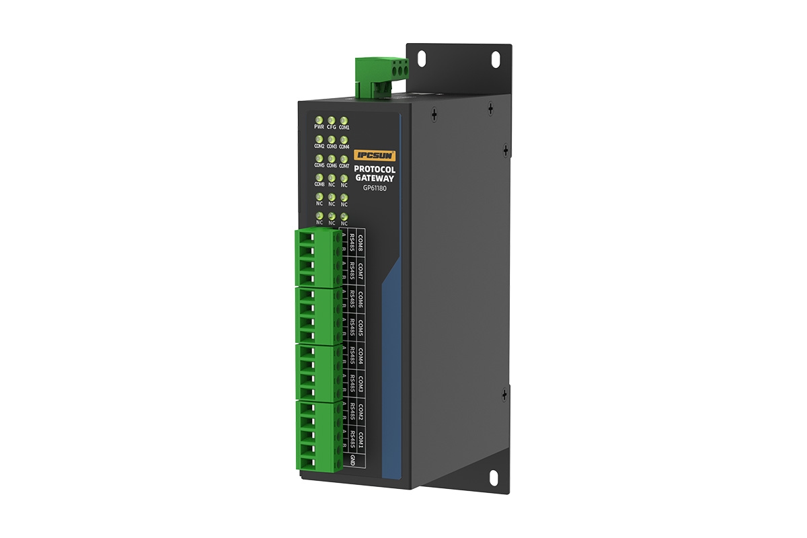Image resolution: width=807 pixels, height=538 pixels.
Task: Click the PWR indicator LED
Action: click(x=319, y=118)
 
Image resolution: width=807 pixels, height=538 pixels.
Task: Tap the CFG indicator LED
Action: click(x=332, y=118)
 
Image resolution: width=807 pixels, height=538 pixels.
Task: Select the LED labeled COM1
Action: click(x=344, y=118)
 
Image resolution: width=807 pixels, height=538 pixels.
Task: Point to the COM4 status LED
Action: click(x=344, y=139)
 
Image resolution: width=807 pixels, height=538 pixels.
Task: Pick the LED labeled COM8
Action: click(x=319, y=178)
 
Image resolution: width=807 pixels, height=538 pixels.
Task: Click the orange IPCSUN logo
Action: click(x=375, y=155)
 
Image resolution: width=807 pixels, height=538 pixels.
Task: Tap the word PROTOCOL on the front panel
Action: click(x=375, y=169)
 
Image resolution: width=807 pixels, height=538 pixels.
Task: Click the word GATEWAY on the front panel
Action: click(x=375, y=178)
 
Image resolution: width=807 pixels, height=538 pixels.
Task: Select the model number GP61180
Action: click(x=375, y=188)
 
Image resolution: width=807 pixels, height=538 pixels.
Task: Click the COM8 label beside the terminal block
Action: click(x=360, y=243)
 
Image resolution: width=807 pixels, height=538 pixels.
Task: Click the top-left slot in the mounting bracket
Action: click(x=422, y=59)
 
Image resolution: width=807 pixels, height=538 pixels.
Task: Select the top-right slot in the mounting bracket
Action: click(x=496, y=59)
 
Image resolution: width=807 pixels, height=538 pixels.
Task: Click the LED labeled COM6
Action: click(x=332, y=158)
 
